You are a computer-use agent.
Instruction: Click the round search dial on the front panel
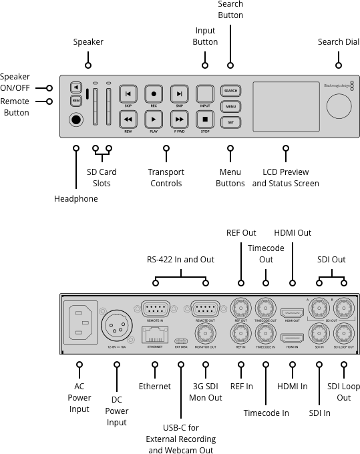click(x=339, y=106)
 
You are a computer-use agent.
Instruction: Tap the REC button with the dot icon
click(x=154, y=94)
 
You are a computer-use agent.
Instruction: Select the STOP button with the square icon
click(x=206, y=120)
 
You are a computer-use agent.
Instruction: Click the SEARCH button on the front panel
click(x=230, y=91)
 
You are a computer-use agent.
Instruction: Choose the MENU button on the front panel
click(x=230, y=106)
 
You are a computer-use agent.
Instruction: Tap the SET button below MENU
click(x=230, y=122)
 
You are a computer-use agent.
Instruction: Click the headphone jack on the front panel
click(x=77, y=120)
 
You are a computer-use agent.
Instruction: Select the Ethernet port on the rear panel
click(x=154, y=335)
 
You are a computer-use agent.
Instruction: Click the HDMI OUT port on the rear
click(x=292, y=312)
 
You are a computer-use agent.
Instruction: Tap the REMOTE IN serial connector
click(x=154, y=309)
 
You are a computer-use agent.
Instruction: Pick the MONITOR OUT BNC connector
click(x=205, y=336)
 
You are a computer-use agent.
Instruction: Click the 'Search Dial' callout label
click(x=339, y=42)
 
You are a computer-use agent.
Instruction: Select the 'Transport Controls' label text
click(x=166, y=178)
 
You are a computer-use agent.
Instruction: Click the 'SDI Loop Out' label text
click(x=343, y=392)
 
